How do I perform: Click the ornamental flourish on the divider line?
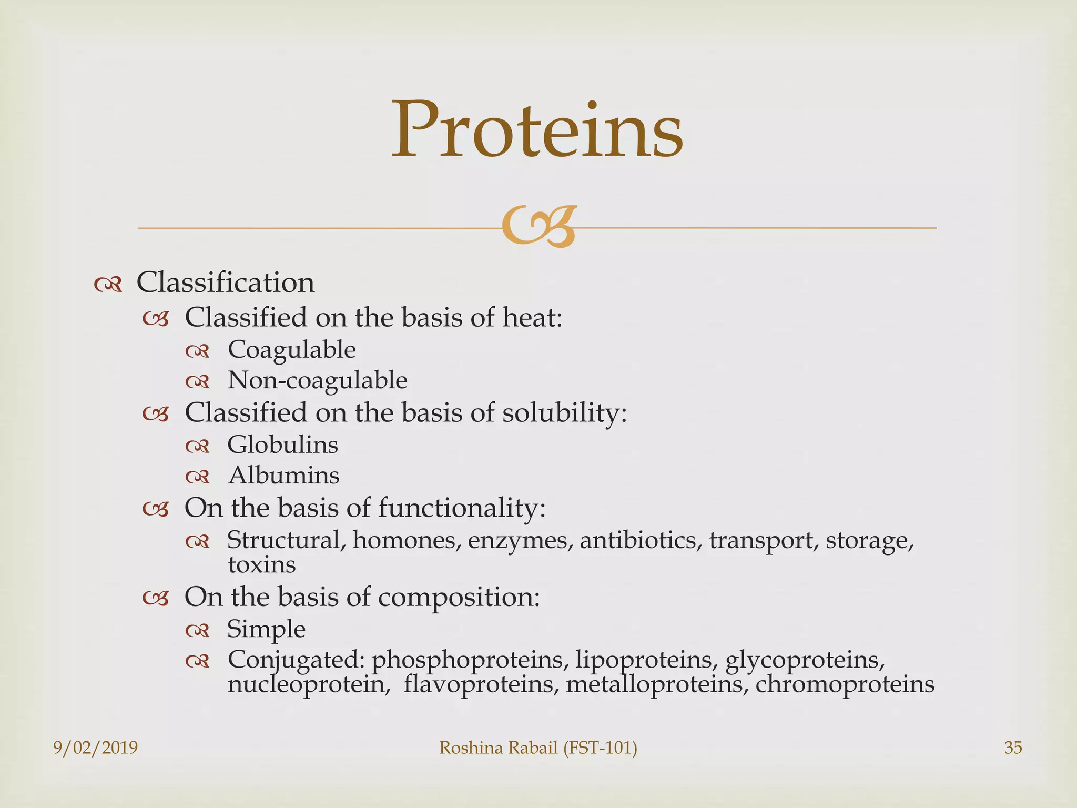click(538, 227)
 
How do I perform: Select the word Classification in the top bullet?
click(226, 282)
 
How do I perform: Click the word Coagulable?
click(291, 350)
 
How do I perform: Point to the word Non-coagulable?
click(317, 380)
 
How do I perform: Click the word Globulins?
click(282, 445)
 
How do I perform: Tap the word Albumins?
click(284, 476)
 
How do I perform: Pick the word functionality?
click(461, 508)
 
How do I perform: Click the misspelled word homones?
click(403, 540)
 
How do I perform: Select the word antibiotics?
click(640, 540)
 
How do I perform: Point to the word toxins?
click(261, 565)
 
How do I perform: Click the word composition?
click(459, 597)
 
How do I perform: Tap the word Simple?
click(266, 629)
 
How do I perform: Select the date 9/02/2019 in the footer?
click(96, 748)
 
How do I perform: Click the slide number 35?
click(1013, 748)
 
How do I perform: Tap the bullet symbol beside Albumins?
click(198, 477)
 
